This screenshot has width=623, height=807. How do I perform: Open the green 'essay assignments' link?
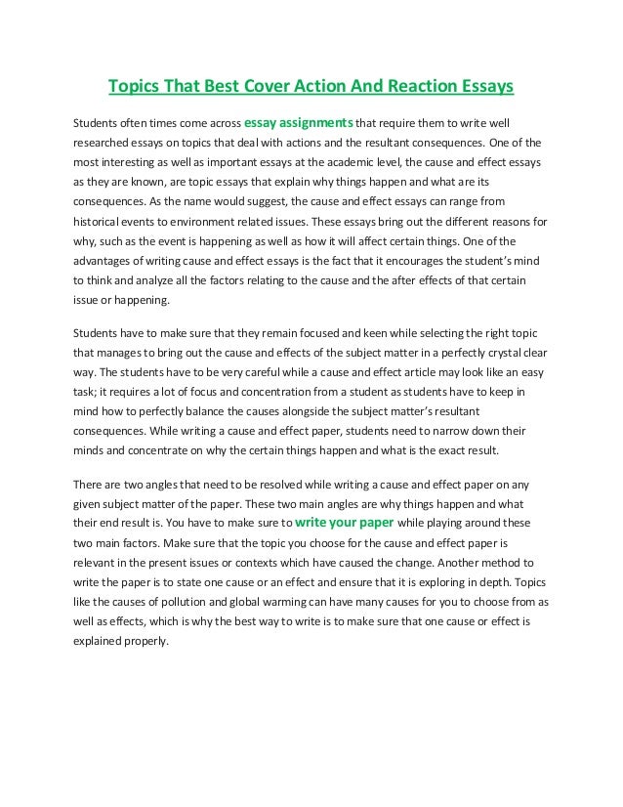click(x=297, y=123)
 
